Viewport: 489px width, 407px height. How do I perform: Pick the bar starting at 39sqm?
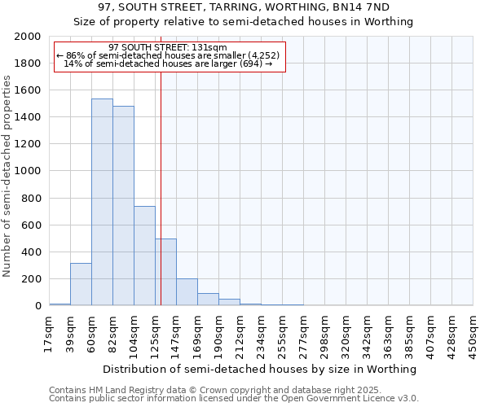(81, 284)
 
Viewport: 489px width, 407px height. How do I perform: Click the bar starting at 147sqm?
(187, 292)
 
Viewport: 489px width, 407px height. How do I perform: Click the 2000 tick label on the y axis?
(29, 37)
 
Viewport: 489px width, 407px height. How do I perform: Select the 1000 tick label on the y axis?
(29, 171)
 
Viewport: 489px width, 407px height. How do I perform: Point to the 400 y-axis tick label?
(32, 252)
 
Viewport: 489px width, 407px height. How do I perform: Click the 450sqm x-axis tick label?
(474, 334)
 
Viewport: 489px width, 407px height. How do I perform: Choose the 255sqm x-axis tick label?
(283, 334)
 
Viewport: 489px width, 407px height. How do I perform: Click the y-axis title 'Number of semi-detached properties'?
(7, 176)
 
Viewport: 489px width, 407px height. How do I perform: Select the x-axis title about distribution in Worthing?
(261, 369)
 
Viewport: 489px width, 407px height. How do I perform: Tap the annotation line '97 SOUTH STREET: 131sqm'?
(167, 48)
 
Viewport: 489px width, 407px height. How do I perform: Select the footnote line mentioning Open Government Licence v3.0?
(234, 399)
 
